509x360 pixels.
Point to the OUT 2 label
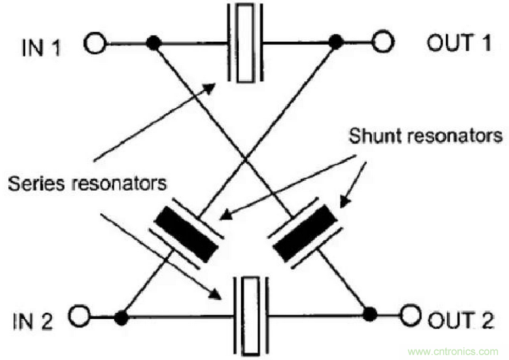coord(462,318)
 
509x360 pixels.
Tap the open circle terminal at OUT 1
coord(383,41)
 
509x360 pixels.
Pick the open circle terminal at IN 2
coord(81,316)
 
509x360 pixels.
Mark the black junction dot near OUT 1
coord(335,41)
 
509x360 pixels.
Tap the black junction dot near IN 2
coord(121,317)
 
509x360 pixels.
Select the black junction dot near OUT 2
coord(370,314)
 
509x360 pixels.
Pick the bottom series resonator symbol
coord(251,316)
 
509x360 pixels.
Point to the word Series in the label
coord(37,183)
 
